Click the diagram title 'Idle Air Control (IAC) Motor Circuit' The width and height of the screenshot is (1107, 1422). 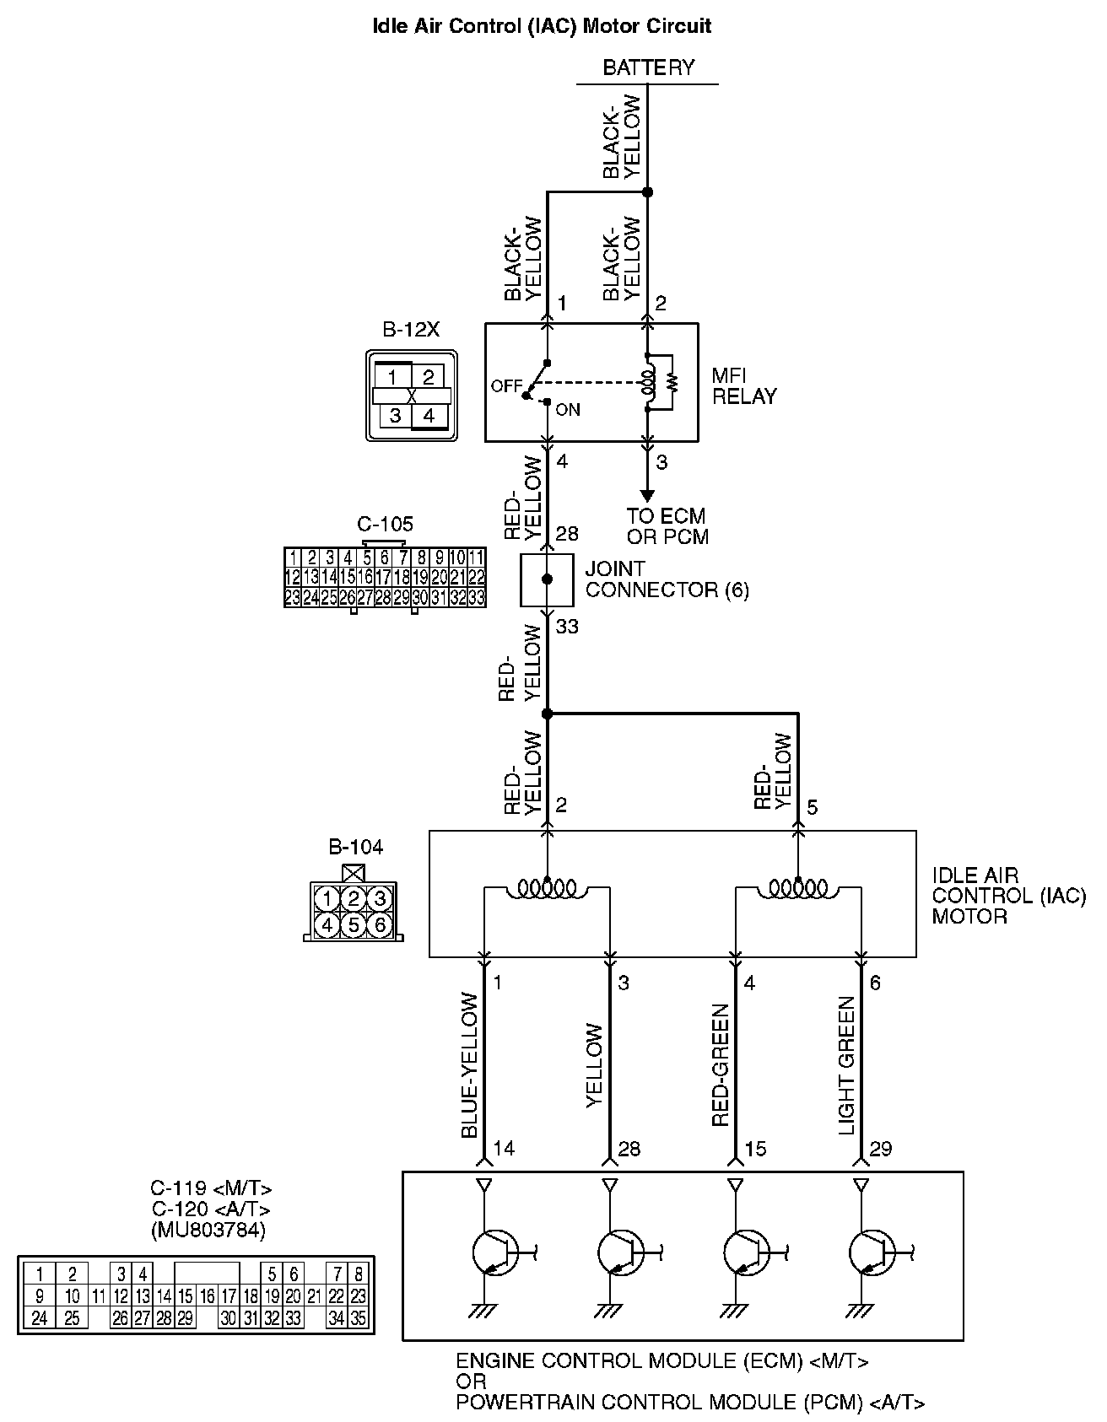(542, 26)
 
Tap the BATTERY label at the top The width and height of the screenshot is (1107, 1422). (648, 67)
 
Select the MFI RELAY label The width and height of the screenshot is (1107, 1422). (743, 386)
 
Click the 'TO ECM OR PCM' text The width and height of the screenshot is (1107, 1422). (667, 526)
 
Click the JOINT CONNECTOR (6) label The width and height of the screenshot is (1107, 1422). (667, 579)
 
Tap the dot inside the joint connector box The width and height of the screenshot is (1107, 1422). (547, 579)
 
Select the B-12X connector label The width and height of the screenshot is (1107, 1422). (411, 330)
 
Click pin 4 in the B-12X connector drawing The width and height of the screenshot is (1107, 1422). (429, 416)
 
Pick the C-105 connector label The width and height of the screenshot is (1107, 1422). (385, 525)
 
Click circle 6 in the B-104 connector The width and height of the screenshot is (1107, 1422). (380, 925)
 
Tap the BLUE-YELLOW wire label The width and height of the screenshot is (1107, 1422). (470, 1065)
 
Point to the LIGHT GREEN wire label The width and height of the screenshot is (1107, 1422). (847, 1065)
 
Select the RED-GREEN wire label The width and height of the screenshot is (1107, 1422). (721, 1065)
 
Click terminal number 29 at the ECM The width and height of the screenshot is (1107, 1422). (880, 1149)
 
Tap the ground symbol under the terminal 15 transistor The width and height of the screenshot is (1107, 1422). (736, 1312)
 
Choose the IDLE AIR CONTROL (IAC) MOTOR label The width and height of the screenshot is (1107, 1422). (1008, 896)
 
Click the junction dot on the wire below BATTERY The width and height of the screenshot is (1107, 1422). (647, 192)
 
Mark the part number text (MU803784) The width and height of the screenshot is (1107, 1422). (208, 1231)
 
